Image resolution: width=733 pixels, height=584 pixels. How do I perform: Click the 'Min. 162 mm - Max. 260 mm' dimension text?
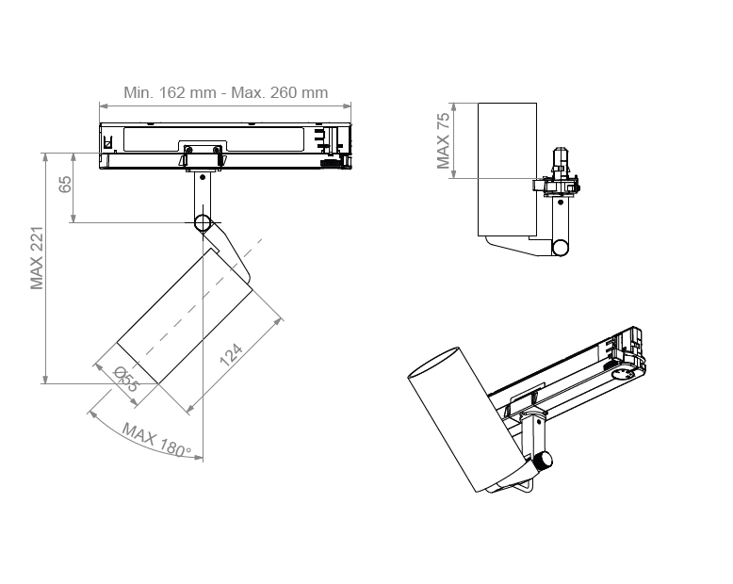pos(225,92)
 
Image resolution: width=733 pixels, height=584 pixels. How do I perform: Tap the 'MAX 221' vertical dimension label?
pos(37,258)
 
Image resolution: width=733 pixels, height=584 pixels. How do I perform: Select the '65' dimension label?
pos(65,184)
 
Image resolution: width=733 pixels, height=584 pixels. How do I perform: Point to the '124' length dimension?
pos(231,355)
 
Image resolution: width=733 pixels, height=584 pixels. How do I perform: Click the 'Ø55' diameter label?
pos(126,379)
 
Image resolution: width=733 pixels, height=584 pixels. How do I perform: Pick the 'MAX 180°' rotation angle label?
pos(157,440)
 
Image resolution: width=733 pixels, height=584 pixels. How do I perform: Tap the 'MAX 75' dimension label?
pos(443,140)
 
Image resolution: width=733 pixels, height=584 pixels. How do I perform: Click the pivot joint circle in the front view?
pos(203,223)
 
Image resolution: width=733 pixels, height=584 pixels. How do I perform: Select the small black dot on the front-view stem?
pos(203,177)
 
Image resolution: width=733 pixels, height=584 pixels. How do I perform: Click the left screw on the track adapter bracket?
pos(188,150)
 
